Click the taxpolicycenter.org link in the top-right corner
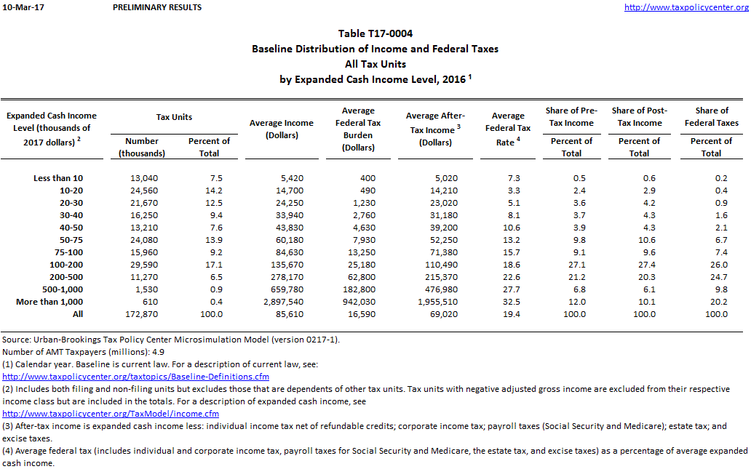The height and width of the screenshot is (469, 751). click(x=686, y=7)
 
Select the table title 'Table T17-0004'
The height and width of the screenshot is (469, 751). click(x=375, y=33)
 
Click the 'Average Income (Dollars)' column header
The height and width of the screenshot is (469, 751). click(x=282, y=129)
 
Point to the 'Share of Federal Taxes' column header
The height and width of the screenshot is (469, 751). click(x=711, y=116)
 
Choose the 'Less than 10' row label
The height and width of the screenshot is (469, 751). click(x=58, y=178)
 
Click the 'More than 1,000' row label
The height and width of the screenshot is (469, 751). click(x=49, y=302)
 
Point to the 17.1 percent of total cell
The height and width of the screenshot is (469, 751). click(x=209, y=265)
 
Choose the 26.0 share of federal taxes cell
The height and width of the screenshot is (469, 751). click(x=716, y=265)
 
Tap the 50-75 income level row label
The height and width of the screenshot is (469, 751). click(x=70, y=240)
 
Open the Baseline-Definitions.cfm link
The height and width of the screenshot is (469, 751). click(x=136, y=377)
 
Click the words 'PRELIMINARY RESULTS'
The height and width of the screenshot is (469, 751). click(x=158, y=7)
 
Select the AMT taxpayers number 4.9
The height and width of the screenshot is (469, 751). click(x=162, y=351)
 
